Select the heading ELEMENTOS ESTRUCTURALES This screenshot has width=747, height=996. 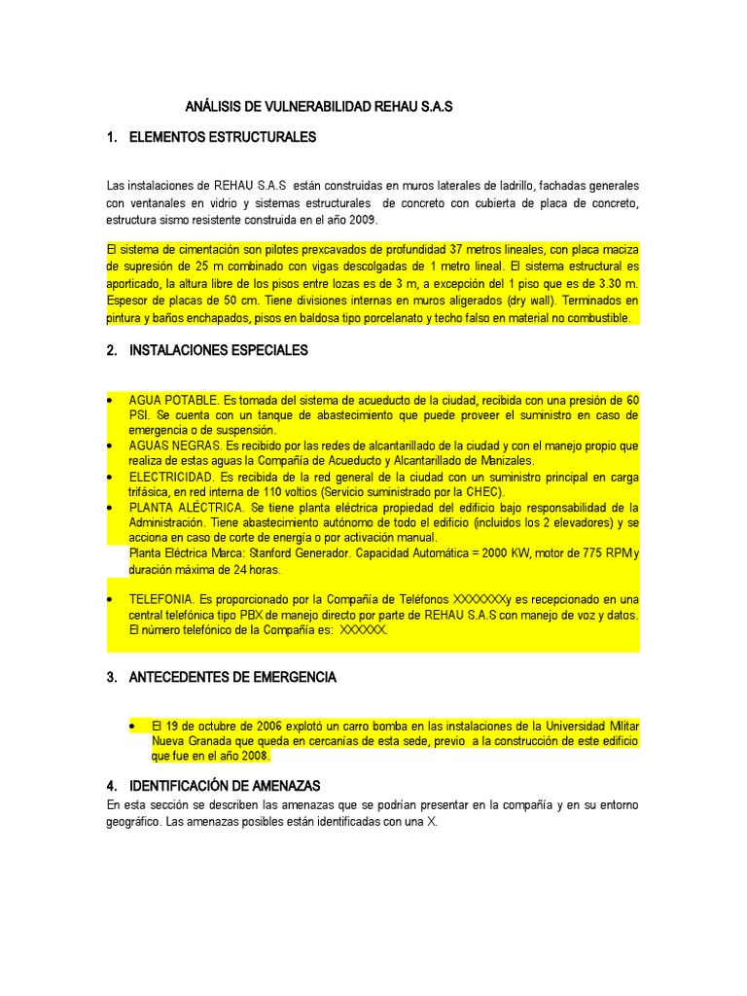pyautogui.click(x=223, y=137)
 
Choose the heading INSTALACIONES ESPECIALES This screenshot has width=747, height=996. pyautogui.click(x=218, y=350)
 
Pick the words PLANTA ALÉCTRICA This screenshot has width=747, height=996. pyautogui.click(x=187, y=508)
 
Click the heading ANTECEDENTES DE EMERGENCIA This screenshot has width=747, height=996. pyautogui.click(x=232, y=677)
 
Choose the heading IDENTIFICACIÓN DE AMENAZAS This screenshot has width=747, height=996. pyautogui.click(x=225, y=785)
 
